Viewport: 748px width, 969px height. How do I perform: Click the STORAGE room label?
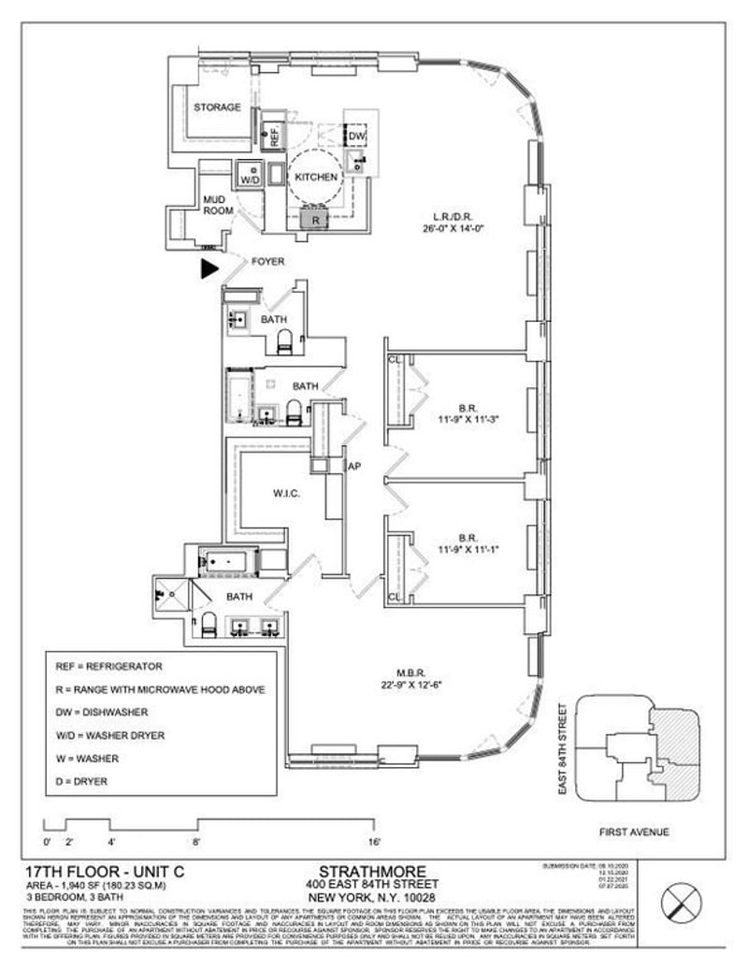(217, 108)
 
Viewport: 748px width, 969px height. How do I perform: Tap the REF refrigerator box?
(275, 136)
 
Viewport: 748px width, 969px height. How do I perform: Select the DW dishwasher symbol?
(356, 137)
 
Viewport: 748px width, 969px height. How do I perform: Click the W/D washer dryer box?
(250, 179)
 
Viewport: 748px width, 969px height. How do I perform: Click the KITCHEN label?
(316, 177)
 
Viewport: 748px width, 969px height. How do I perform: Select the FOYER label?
(268, 262)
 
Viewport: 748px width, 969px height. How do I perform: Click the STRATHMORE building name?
(372, 871)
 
